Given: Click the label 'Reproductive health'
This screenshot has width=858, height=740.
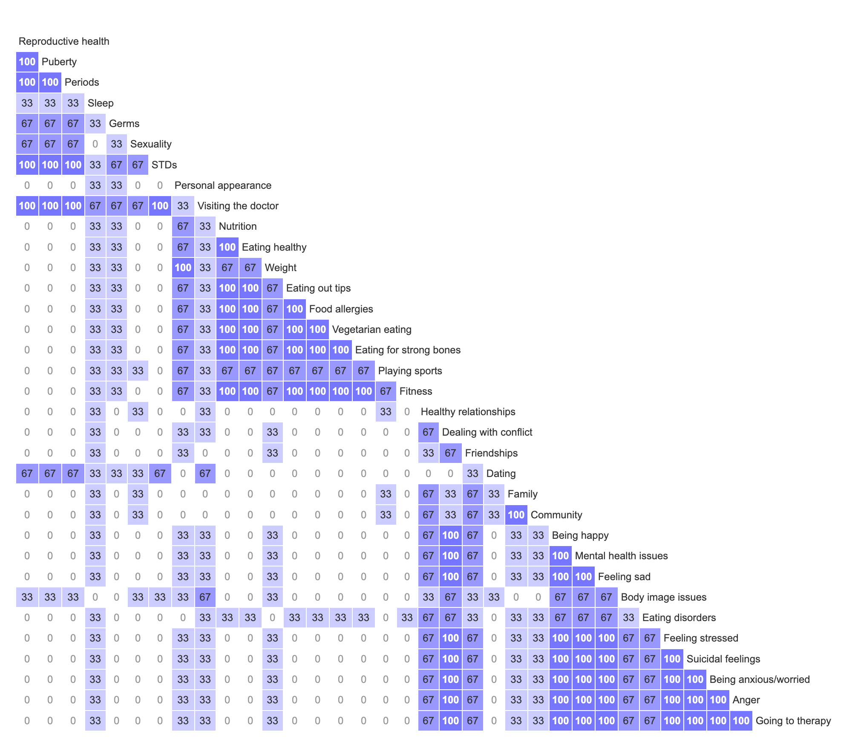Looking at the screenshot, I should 64,41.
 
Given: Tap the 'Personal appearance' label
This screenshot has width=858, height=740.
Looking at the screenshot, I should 223,185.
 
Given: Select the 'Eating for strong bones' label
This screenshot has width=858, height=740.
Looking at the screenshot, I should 408,350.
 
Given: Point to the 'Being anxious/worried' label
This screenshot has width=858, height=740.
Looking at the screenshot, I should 760,679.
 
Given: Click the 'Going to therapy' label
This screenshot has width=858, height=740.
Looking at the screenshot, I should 793,721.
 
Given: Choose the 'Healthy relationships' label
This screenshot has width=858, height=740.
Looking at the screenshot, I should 468,412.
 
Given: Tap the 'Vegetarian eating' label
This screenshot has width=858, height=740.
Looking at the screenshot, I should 371,330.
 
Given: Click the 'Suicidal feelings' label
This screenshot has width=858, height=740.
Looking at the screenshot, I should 723,659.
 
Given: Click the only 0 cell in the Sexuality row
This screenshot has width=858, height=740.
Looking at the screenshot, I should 95,144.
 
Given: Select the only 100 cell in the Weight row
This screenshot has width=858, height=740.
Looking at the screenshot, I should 183,268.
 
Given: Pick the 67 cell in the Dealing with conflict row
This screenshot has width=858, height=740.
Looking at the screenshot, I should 428,432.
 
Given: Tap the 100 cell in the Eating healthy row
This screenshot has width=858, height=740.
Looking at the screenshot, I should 227,247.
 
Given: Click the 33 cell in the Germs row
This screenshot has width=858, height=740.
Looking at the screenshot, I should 95,124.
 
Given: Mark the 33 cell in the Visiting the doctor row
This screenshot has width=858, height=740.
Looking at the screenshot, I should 183,206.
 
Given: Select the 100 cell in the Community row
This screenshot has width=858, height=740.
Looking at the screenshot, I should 516,515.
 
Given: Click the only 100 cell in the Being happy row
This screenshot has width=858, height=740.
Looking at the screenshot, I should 450,535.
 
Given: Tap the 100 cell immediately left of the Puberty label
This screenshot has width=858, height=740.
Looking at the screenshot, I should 27,62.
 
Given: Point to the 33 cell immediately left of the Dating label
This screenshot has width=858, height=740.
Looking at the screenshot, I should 472,474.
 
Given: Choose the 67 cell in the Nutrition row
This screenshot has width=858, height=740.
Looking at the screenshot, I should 183,226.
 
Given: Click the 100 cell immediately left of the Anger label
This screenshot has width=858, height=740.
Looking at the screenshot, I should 718,700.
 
